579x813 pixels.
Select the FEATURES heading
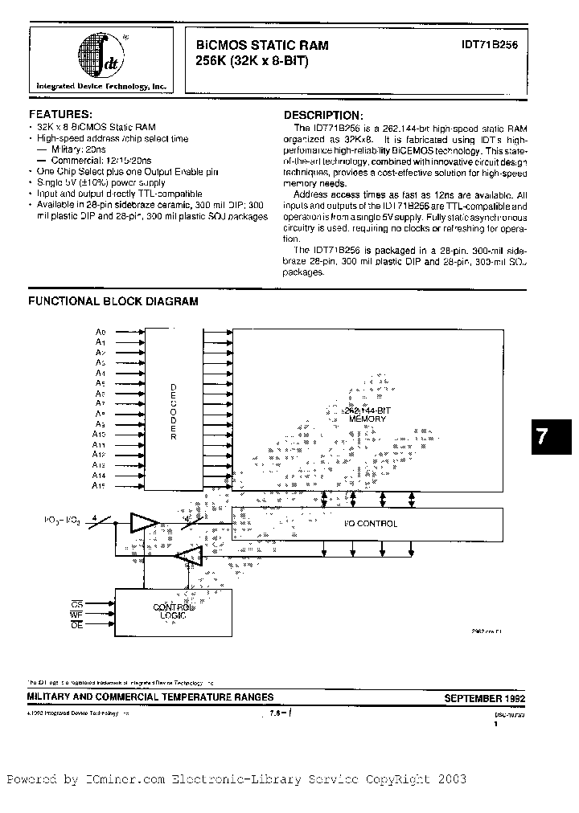[60, 115]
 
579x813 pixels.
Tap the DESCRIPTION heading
[322, 116]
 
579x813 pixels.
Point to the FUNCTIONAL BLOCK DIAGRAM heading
[113, 301]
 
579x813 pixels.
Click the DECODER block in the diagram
[174, 410]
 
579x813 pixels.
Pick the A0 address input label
[101, 331]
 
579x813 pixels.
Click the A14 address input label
[100, 476]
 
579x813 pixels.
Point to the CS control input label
[76, 602]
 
